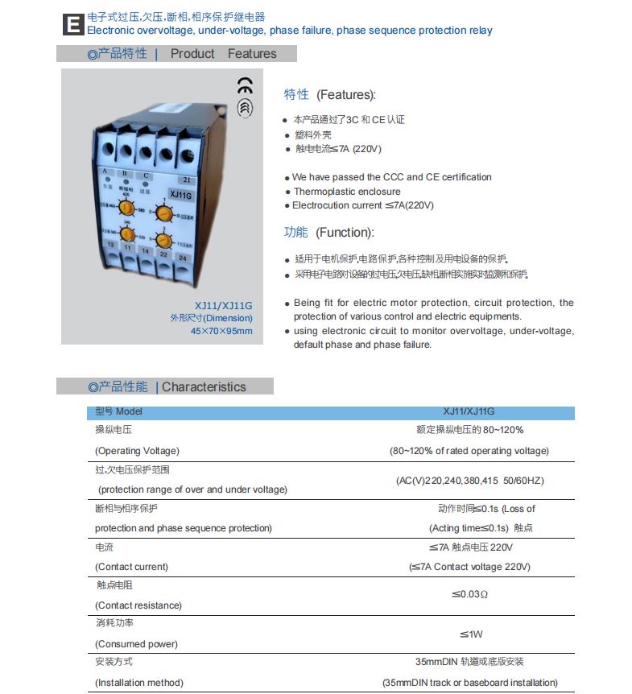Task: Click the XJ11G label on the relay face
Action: (x=180, y=195)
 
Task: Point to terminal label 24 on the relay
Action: (x=184, y=257)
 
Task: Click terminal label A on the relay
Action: (x=104, y=171)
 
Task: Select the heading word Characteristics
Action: (x=204, y=386)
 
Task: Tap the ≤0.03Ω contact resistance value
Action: (x=469, y=594)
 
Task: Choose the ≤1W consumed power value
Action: (x=471, y=634)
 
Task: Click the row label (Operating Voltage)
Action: (x=137, y=451)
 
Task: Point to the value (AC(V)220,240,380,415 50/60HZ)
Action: (x=469, y=481)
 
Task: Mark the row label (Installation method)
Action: (x=138, y=683)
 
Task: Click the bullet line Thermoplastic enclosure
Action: (x=346, y=192)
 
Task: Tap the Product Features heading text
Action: (x=223, y=54)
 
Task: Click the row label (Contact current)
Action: (x=131, y=567)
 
